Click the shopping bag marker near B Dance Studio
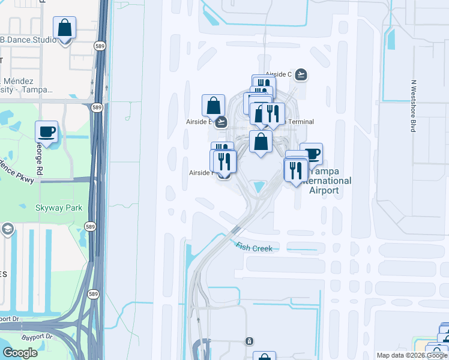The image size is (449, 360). tap(64, 28)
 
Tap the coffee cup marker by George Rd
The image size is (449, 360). tap(46, 131)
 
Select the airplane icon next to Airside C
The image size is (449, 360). tap(301, 74)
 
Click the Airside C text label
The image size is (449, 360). tap(278, 74)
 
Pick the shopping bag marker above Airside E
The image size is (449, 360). tap(213, 106)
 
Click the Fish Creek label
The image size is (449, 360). tap(253, 247)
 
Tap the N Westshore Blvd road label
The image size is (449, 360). tap(413, 107)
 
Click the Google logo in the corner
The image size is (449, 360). tap(20, 353)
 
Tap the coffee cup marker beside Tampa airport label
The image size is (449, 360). tap(311, 154)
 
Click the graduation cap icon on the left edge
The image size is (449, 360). tap(7, 229)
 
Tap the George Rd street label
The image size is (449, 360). tap(39, 153)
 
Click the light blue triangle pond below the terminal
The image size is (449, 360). tap(258, 187)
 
